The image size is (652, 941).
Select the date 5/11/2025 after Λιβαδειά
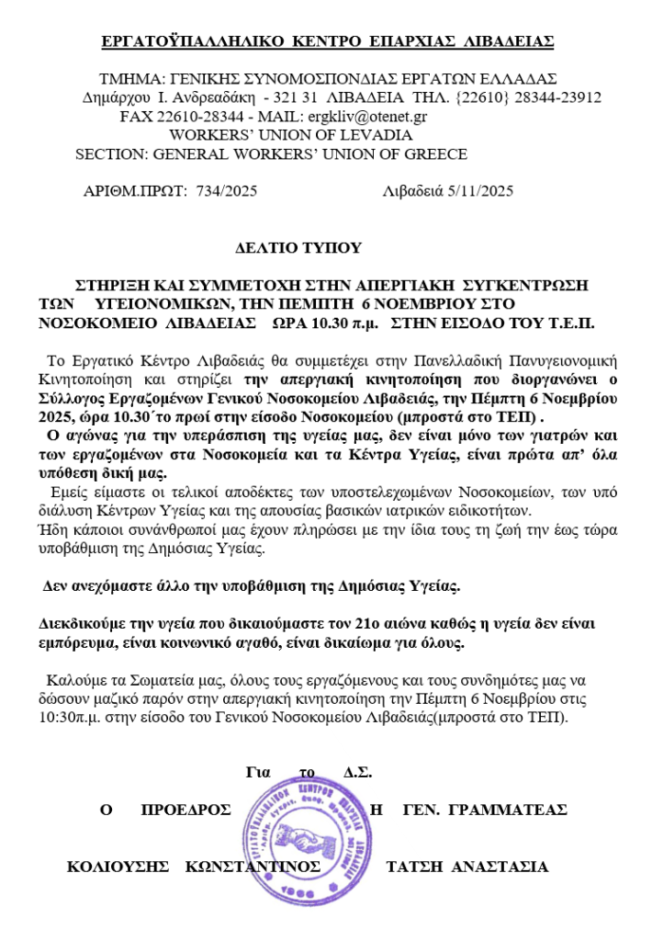click(477, 191)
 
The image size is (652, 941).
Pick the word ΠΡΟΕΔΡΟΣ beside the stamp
click(185, 810)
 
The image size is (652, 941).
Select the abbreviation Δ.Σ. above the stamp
click(357, 772)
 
